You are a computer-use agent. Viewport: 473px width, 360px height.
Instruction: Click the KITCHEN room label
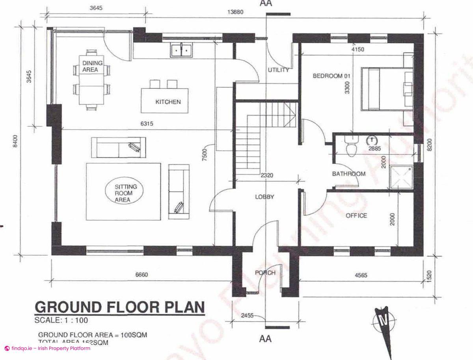pos(168,102)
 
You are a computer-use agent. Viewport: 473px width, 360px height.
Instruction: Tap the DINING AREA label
pos(93,66)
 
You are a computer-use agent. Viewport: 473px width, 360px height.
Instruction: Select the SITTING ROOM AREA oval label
pos(124,193)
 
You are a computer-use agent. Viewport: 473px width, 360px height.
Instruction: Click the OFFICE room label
pos(356,216)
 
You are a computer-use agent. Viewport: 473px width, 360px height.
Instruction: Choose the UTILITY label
pos(278,70)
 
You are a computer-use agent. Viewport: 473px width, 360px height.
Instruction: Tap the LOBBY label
pos(264,197)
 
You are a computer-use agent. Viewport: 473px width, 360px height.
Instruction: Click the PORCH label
pos(265,273)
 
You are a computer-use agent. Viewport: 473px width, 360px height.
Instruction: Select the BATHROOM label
pos(348,173)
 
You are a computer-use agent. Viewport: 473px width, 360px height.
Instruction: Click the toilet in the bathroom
pos(350,146)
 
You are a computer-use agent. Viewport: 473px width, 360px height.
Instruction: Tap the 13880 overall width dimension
pos(235,12)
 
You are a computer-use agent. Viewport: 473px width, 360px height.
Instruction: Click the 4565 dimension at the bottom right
pos(359,275)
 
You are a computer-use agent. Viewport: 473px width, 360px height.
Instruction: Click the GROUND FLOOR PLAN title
pos(120,307)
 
